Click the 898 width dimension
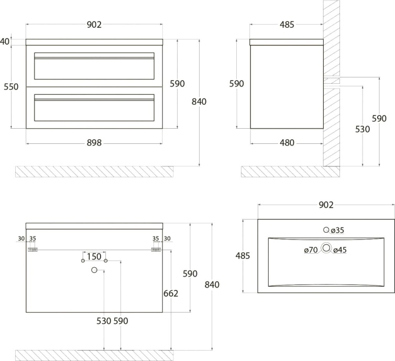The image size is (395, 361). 94,143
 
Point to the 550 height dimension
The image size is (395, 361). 11,87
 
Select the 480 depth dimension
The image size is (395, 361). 287,143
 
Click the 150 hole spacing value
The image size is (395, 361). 94,256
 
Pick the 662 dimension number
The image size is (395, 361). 171,293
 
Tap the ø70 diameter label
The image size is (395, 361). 311,250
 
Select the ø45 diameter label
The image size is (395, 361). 340,250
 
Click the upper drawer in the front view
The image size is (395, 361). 94,66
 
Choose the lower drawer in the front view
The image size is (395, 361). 94,107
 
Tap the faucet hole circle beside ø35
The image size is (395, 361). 326,230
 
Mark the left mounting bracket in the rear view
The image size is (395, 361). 32,250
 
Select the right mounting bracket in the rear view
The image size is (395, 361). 155,250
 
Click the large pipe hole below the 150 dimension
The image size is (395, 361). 95,270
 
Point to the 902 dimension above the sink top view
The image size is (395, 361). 326,205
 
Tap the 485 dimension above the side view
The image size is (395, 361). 287,25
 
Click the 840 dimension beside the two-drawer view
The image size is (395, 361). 199,101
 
